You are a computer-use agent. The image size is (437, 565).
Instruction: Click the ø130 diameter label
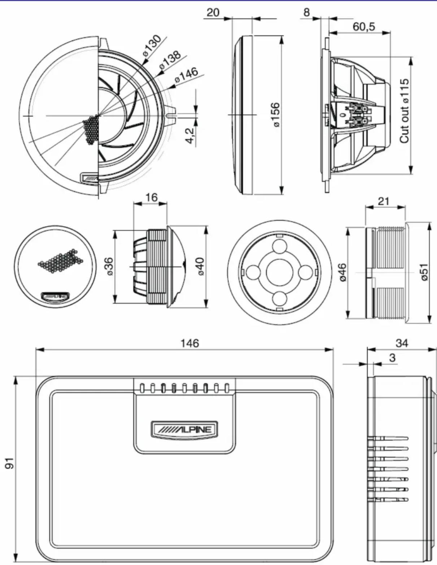pyautogui.click(x=152, y=46)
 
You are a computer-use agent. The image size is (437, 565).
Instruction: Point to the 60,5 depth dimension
pyautogui.click(x=364, y=26)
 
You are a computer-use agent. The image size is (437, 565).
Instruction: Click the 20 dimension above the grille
pyautogui.click(x=213, y=12)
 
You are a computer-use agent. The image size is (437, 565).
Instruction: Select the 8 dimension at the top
pyautogui.click(x=307, y=12)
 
